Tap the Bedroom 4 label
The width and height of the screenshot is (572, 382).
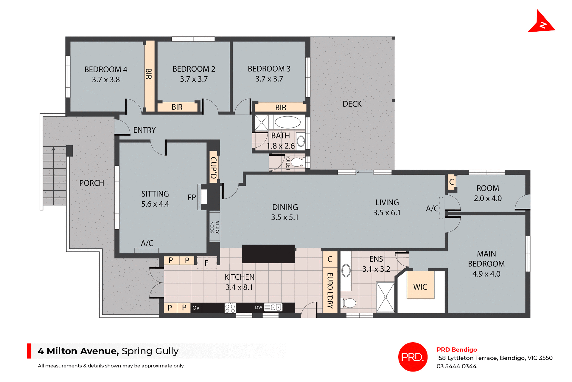tap(106, 69)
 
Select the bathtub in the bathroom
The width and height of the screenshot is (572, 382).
tap(287, 122)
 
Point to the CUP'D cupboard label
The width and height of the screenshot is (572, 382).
tap(213, 168)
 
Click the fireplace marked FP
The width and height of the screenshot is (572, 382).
tap(204, 197)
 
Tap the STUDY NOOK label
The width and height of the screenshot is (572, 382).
tap(214, 227)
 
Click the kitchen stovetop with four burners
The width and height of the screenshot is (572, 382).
tap(230, 308)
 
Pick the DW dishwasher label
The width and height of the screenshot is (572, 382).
tap(258, 307)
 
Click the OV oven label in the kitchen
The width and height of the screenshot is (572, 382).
tap(196, 308)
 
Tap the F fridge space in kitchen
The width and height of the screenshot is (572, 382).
tap(206, 263)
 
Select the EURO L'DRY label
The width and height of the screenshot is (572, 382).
tap(330, 290)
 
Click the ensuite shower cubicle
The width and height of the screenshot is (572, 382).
tap(385, 297)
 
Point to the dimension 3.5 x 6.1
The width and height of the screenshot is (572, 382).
tap(387, 213)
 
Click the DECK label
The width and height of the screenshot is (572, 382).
tap(352, 104)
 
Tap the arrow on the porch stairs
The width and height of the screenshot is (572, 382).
tap(54, 149)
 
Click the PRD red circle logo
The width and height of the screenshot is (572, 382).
tap(413, 357)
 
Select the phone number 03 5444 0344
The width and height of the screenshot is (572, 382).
tap(456, 366)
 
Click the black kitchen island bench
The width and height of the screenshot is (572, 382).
tap(268, 254)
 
